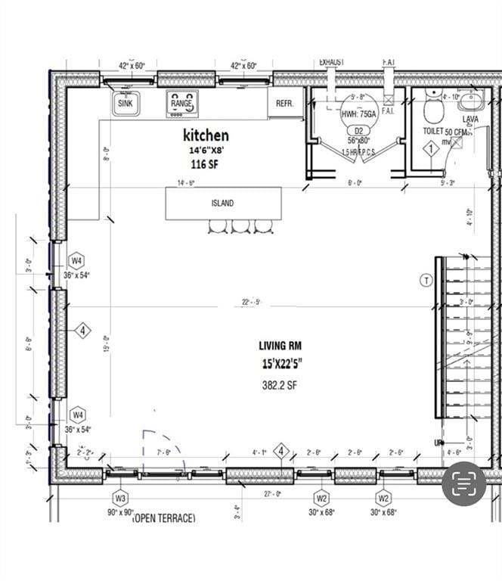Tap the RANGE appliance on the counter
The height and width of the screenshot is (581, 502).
tap(181, 103)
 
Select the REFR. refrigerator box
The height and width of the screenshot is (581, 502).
tap(285, 103)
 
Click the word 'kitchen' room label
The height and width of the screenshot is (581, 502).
tap(206, 135)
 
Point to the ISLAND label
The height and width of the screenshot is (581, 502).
tap(222, 203)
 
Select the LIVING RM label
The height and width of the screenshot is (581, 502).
tap(280, 346)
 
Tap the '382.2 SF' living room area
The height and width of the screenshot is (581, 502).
tap(279, 384)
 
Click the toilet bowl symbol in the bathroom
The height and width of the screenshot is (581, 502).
tap(433, 111)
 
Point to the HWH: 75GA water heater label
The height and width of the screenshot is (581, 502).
tap(358, 114)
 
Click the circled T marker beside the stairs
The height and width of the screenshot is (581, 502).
tap(426, 280)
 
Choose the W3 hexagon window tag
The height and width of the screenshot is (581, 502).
tap(120, 498)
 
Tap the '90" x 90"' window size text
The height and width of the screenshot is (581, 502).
tap(120, 512)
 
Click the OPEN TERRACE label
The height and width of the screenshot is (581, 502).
tap(163, 518)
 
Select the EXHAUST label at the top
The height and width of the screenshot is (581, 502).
tap(332, 62)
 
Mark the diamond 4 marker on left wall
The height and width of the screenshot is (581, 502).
tap(82, 331)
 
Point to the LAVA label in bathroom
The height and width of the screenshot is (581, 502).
tap(470, 119)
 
